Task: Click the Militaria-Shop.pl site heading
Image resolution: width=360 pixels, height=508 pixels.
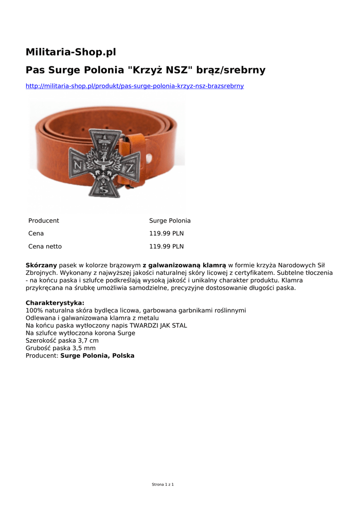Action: pos(71,52)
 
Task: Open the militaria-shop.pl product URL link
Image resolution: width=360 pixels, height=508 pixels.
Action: pos(135,86)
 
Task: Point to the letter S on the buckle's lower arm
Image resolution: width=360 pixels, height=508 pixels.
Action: pos(103,189)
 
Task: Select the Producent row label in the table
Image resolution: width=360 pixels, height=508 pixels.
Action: pos(44,221)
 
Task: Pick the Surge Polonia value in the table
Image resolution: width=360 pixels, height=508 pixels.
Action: pos(170,221)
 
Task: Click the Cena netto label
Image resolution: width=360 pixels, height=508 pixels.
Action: pos(45,247)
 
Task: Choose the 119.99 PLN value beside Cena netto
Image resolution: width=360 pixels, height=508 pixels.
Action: pos(166,247)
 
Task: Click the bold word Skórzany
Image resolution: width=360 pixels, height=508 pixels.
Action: pos(41,265)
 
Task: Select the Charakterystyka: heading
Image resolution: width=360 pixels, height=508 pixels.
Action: pos(55,303)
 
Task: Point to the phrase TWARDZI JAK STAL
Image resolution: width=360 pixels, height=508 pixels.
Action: pos(158,325)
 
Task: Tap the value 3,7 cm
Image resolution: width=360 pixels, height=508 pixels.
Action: pos(88,341)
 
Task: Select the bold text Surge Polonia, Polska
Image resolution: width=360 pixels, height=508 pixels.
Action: pos(97,356)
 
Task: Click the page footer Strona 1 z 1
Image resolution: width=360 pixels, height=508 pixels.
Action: pos(163,484)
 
